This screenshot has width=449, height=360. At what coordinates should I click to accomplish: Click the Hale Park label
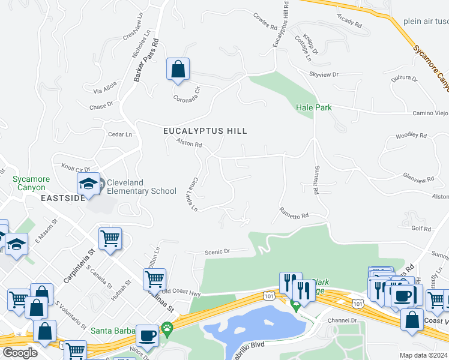point(313,107)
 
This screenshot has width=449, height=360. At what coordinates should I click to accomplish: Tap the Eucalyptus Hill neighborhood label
point(205,130)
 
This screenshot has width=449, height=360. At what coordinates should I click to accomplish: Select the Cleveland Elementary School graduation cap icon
point(88,184)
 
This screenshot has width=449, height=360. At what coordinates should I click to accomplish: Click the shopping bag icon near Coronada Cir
point(178,69)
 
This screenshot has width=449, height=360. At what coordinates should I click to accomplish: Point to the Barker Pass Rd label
point(148,61)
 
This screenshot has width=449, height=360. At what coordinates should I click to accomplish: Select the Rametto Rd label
point(294,213)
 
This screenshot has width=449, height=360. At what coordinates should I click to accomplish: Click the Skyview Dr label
point(324,74)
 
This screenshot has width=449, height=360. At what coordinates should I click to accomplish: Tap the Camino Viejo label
point(430,113)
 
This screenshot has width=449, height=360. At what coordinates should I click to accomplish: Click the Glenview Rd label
point(418,178)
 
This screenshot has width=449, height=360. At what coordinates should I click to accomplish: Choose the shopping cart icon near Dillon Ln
point(154,278)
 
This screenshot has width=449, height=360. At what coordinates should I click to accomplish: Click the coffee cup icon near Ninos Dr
point(147,336)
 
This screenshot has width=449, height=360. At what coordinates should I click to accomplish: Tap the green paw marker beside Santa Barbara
point(167,329)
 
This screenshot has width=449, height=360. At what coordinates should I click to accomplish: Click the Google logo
point(20,353)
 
